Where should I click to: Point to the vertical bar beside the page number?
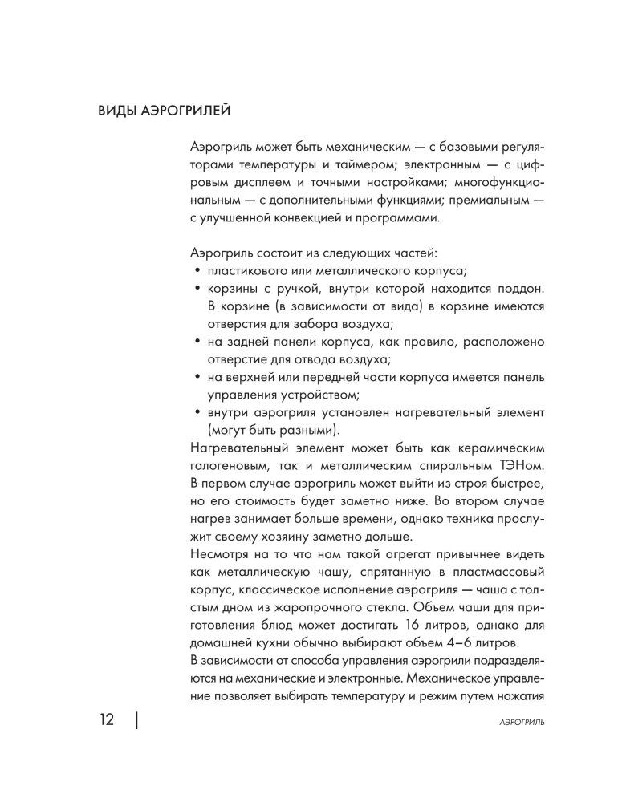click(x=137, y=720)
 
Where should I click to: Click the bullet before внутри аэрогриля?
click(x=197, y=411)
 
